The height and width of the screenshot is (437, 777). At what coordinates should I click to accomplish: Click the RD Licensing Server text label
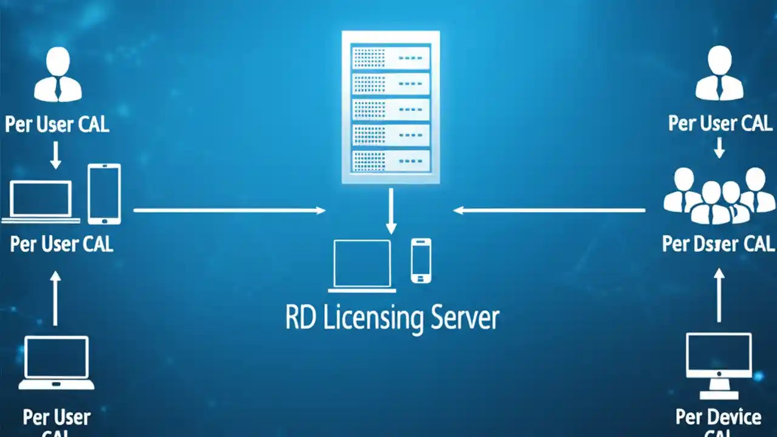392,319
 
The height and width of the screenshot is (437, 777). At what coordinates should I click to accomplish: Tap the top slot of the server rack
390,58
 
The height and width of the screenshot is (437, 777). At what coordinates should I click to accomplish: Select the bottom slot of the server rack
390,160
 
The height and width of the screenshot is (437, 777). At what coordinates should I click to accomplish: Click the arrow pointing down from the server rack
391,211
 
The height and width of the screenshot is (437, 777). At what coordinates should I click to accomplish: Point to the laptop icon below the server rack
363,266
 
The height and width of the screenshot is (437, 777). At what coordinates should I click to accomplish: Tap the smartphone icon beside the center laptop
421,260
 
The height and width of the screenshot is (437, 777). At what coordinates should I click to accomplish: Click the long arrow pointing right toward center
229,211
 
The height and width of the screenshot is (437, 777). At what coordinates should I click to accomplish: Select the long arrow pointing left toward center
549,211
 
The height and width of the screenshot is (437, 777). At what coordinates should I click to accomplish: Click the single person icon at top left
58,75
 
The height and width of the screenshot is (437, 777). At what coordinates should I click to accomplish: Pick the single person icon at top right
719,75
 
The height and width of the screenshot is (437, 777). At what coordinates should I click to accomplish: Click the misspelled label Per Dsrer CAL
718,244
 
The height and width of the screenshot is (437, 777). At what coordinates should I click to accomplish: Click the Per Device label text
718,418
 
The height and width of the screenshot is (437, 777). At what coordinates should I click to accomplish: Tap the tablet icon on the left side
104,194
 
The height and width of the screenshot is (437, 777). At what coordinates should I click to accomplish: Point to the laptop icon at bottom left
56,363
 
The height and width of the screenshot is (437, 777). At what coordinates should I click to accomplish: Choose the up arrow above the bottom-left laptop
55,298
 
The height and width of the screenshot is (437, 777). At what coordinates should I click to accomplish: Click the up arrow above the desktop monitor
719,296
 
